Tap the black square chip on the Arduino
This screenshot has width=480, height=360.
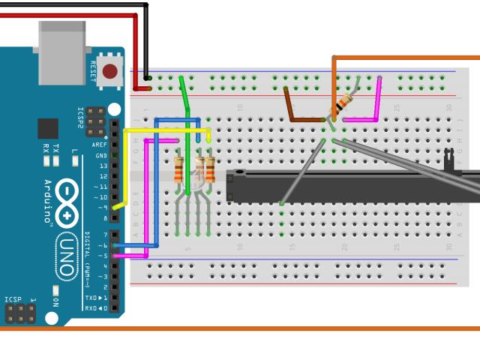click(x=48, y=129)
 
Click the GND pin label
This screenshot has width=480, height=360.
click(x=101, y=155)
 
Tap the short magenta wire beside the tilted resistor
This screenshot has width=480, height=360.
click(x=371, y=105)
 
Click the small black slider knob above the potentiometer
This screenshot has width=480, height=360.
click(x=448, y=157)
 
